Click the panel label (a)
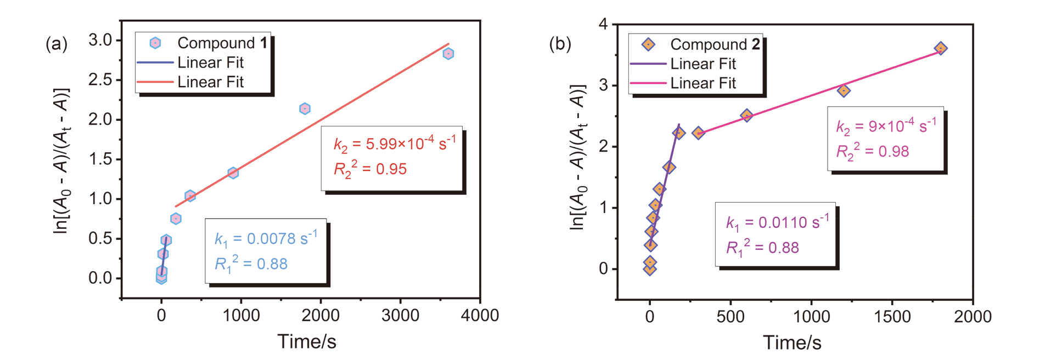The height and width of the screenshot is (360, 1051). (57, 43)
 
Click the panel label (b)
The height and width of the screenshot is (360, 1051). (560, 43)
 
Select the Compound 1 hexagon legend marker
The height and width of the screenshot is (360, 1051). (155, 43)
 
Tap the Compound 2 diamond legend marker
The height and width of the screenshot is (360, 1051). (648, 44)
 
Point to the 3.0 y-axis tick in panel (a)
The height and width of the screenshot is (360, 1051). (100, 40)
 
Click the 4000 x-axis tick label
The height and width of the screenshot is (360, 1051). (480, 316)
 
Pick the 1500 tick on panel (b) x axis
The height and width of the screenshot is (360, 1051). (892, 317)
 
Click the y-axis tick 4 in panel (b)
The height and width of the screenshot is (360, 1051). (604, 25)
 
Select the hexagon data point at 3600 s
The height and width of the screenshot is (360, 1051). (448, 54)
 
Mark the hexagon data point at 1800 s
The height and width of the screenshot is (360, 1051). (305, 109)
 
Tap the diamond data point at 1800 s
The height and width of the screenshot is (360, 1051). (941, 48)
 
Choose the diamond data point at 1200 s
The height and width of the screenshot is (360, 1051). (844, 91)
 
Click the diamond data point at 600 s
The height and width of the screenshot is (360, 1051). (746, 115)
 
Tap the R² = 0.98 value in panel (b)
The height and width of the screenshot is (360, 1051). (873, 152)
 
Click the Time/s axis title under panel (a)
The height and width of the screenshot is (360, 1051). (306, 341)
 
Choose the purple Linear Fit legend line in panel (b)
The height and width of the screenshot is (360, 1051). (648, 64)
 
